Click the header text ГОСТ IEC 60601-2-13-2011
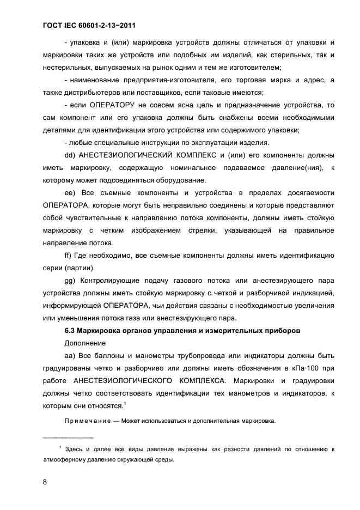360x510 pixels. (x=88, y=26)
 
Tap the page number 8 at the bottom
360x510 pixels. (x=45, y=482)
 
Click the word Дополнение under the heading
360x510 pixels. (x=84, y=344)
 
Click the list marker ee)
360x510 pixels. (x=71, y=193)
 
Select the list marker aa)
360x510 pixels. (x=71, y=356)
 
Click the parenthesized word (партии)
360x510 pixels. (x=80, y=268)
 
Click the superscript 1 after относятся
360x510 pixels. (x=125, y=403)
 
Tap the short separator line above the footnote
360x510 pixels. (x=68, y=438)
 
